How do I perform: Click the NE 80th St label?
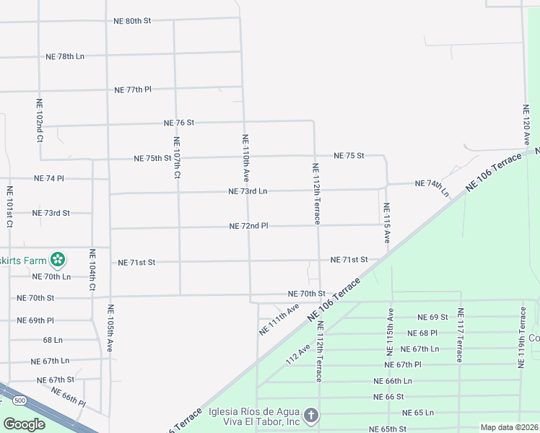pyautogui.click(x=132, y=21)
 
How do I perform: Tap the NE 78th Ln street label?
pyautogui.click(x=65, y=56)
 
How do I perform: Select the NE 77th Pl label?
pyautogui.click(x=133, y=90)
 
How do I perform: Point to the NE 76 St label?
pyautogui.click(x=179, y=123)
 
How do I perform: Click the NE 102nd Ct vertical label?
pyautogui.click(x=39, y=121)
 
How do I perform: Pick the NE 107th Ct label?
pyautogui.click(x=177, y=157)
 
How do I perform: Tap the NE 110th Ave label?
pyautogui.click(x=245, y=157)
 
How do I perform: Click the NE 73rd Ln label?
pyautogui.click(x=248, y=191)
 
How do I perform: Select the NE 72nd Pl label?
pyautogui.click(x=248, y=226)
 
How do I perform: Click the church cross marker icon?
pyautogui.click(x=310, y=415)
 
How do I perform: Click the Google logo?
pyautogui.click(x=25, y=424)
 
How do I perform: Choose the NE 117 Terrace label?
pyautogui.click(x=461, y=335)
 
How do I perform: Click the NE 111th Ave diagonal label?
pyautogui.click(x=279, y=319)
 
